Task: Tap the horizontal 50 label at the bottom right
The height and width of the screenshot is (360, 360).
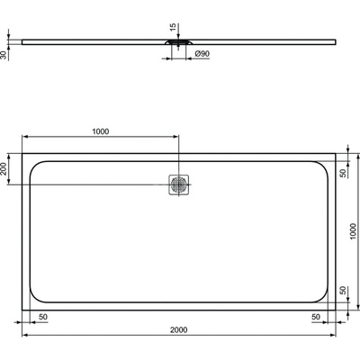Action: (317, 317)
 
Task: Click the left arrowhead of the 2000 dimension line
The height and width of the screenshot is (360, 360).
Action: (26, 337)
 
